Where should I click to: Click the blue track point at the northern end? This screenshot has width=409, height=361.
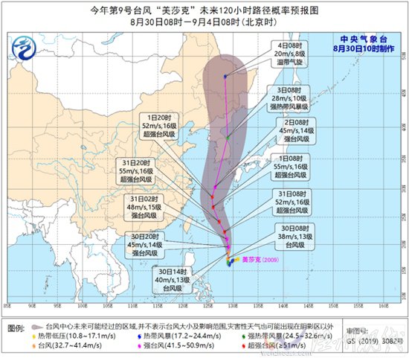(x=225, y=75)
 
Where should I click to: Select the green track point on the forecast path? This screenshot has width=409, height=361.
(x=228, y=137)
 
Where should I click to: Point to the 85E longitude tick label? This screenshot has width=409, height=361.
(x=7, y=304)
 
